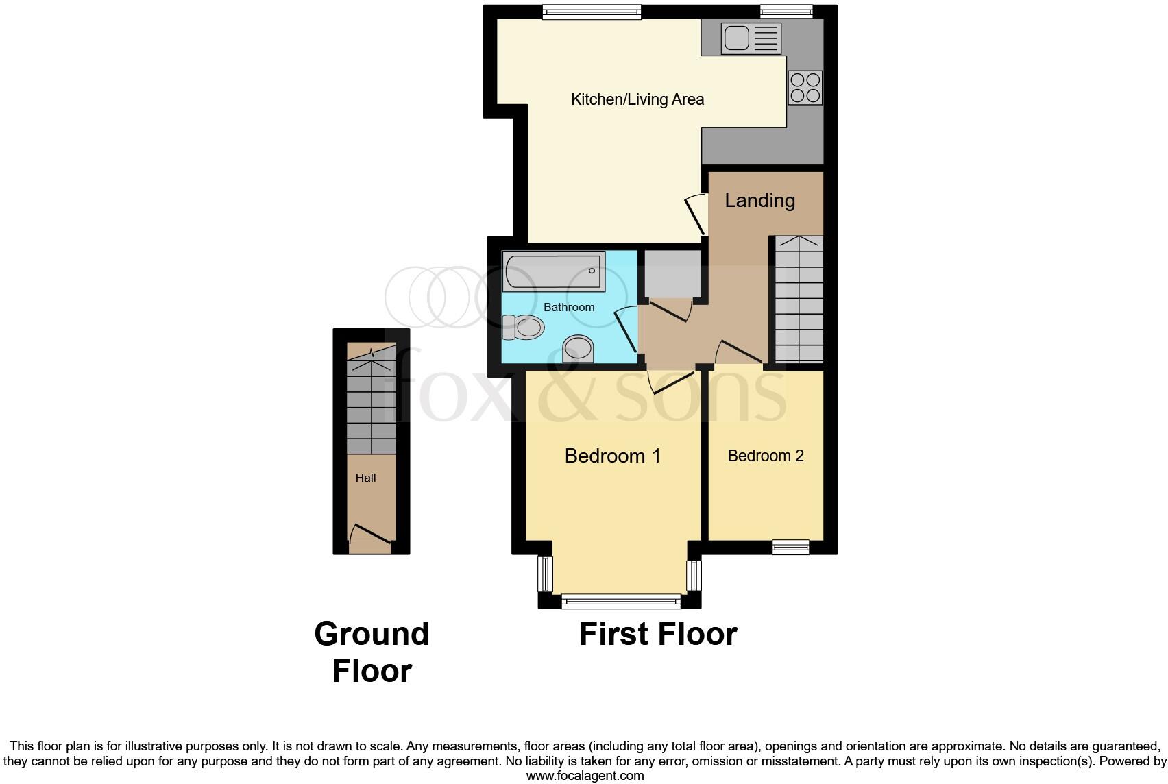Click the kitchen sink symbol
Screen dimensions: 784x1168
point(751,38)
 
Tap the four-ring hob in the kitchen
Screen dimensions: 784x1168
point(805,88)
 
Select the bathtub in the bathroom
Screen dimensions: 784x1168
point(553,271)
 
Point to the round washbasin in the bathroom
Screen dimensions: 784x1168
point(578,349)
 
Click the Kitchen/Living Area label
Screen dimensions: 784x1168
point(637,99)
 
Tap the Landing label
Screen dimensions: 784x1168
point(759,200)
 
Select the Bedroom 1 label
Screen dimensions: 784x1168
point(612,456)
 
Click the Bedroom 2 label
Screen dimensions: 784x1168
point(765,456)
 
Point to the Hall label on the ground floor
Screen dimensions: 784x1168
point(365,478)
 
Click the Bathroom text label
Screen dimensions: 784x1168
point(568,307)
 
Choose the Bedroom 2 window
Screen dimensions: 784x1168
point(790,547)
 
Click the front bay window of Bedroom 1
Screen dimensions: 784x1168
point(620,602)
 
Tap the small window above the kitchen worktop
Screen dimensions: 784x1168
point(786,11)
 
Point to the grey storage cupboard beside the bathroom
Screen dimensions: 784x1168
point(672,273)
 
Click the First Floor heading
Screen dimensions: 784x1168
point(657,634)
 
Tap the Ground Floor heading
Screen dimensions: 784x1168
point(372,652)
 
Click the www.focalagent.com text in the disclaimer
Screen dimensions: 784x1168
point(585,776)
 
